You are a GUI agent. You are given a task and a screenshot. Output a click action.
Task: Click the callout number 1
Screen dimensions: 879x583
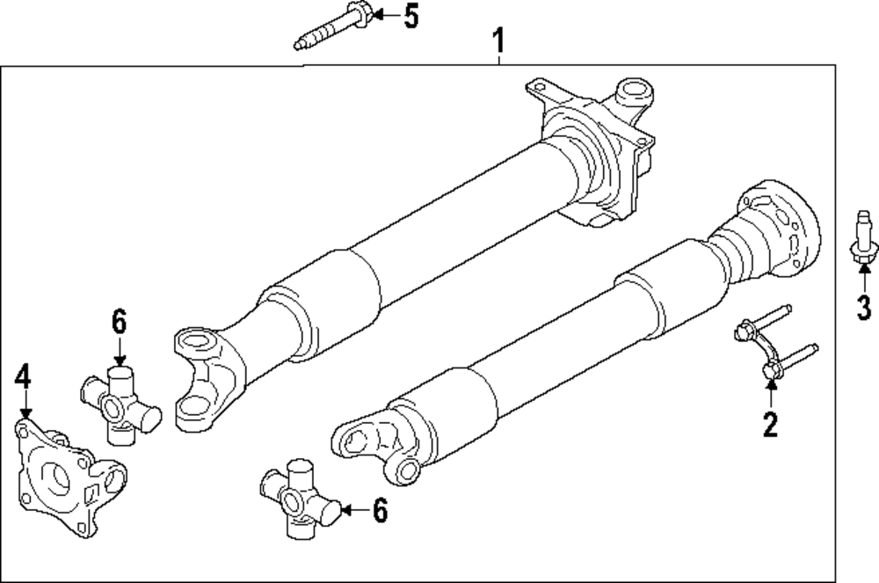point(498,40)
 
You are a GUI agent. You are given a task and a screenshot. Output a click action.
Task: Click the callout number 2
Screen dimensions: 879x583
point(770,426)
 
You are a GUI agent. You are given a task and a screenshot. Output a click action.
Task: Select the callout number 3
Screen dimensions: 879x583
point(863,308)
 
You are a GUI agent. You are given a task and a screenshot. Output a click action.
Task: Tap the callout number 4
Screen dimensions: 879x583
point(23,377)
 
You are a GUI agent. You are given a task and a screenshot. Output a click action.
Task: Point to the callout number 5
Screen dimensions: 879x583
point(410,16)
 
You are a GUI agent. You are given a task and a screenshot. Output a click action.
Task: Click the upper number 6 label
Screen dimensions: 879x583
point(120,323)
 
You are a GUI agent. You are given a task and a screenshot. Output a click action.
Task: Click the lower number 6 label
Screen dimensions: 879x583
point(379,511)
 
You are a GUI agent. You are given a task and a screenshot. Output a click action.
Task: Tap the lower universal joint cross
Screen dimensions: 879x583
point(299,499)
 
